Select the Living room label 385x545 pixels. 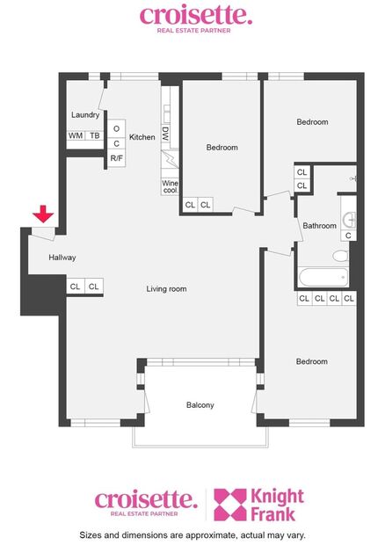[166, 288]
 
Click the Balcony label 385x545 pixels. [200, 405]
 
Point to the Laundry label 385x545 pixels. [85, 115]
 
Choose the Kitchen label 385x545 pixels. [142, 137]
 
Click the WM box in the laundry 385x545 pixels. [76, 136]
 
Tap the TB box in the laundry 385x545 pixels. [94, 136]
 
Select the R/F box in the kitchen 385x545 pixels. [117, 158]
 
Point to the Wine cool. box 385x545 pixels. [170, 187]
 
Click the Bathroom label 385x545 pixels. [320, 226]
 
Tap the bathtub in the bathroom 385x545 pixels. [323, 278]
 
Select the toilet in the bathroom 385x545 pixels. [340, 257]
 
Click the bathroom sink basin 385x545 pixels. [349, 219]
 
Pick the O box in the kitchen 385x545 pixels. [117, 128]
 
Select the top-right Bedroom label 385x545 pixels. [312, 122]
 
